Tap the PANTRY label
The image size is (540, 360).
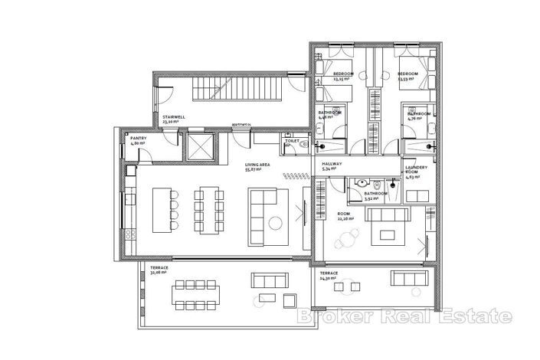pos(138,141)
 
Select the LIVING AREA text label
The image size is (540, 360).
pos(256,166)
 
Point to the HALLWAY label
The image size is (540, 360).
pos(332,165)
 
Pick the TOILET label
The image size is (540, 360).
pos(292,141)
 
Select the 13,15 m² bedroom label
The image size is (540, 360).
pos(342,76)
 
